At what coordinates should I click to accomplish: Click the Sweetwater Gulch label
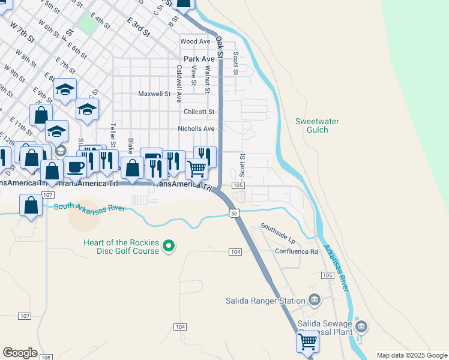click(317, 125)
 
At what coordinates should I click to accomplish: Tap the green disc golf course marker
click(169, 245)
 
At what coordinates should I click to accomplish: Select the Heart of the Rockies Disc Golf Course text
click(121, 247)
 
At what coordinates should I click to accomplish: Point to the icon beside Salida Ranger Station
click(314, 299)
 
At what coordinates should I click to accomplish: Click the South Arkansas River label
click(89, 208)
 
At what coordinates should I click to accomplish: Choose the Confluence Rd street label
click(297, 251)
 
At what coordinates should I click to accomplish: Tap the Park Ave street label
click(199, 59)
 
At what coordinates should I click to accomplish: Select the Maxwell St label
click(154, 94)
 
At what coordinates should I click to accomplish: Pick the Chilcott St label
click(199, 112)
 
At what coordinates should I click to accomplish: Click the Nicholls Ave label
click(196, 128)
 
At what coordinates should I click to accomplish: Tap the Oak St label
click(220, 47)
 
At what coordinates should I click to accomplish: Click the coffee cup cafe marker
click(76, 166)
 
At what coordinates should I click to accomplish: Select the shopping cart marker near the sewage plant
click(308, 341)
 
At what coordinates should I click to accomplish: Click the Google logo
click(20, 353)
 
